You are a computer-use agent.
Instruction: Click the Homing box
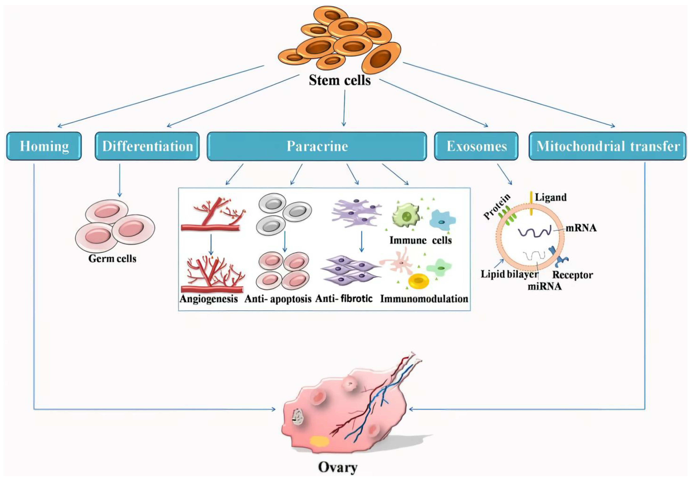pyautogui.click(x=44, y=146)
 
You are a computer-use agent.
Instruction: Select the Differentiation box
pyautogui.click(x=147, y=146)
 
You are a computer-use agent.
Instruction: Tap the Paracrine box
pyautogui.click(x=317, y=146)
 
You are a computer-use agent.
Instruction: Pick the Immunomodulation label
pyautogui.click(x=424, y=299)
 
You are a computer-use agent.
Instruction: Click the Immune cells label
pyautogui.click(x=420, y=240)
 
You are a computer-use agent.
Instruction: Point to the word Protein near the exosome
pyautogui.click(x=497, y=206)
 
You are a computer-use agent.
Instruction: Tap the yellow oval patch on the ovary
pyautogui.click(x=319, y=441)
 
